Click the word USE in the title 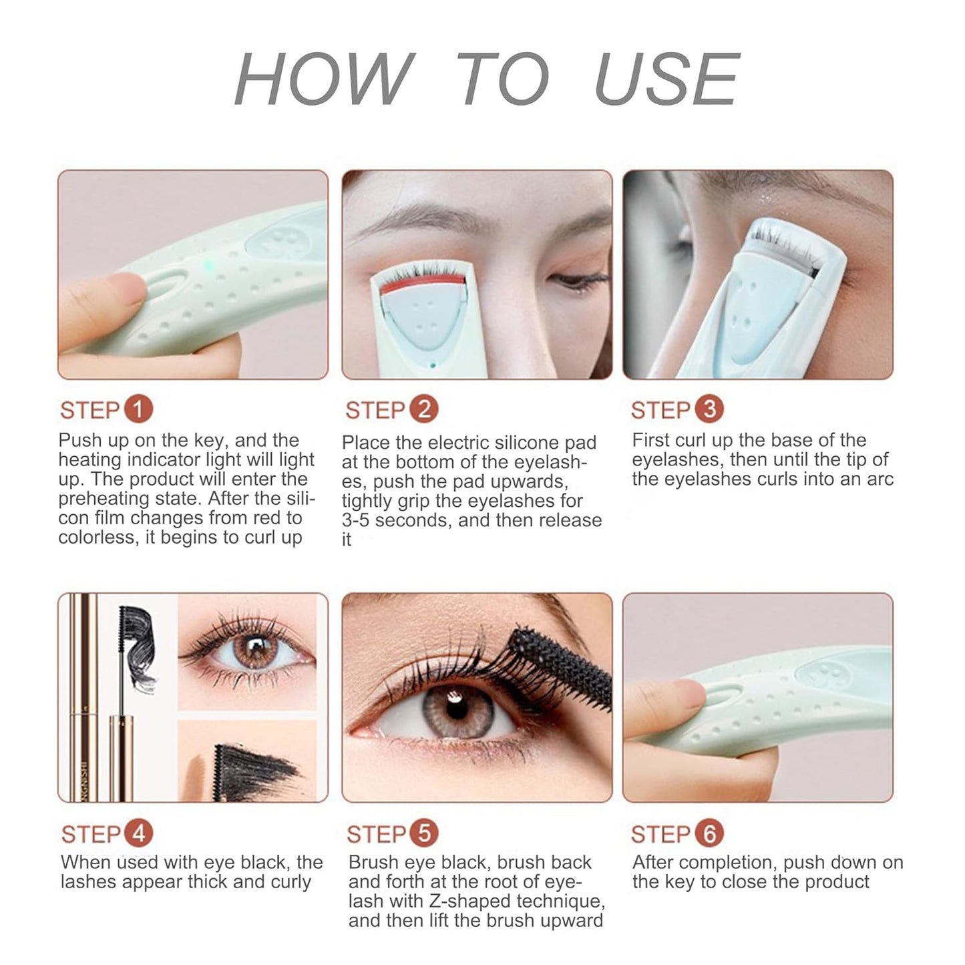pyautogui.click(x=666, y=79)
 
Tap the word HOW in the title pyautogui.click(x=325, y=79)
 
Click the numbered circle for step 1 pyautogui.click(x=138, y=409)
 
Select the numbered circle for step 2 pyautogui.click(x=423, y=409)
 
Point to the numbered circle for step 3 pyautogui.click(x=709, y=409)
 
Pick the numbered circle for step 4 pyautogui.click(x=139, y=833)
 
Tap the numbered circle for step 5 pyautogui.click(x=424, y=833)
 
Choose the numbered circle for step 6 pyautogui.click(x=709, y=833)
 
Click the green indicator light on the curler pyautogui.click(x=209, y=265)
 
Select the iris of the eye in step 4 pyautogui.click(x=255, y=650)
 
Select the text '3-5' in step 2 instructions pyautogui.click(x=355, y=520)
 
